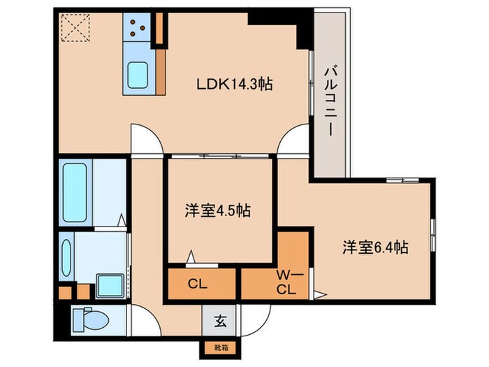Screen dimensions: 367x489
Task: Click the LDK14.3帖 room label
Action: (x=233, y=84)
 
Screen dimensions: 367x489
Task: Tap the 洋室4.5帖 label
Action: (x=219, y=209)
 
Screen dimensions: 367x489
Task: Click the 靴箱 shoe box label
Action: (x=219, y=346)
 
